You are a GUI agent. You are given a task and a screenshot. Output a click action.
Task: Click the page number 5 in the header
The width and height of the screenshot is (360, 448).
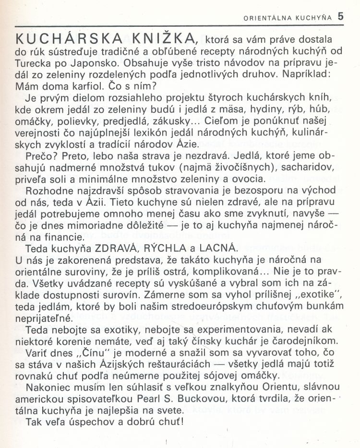tap(341, 15)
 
